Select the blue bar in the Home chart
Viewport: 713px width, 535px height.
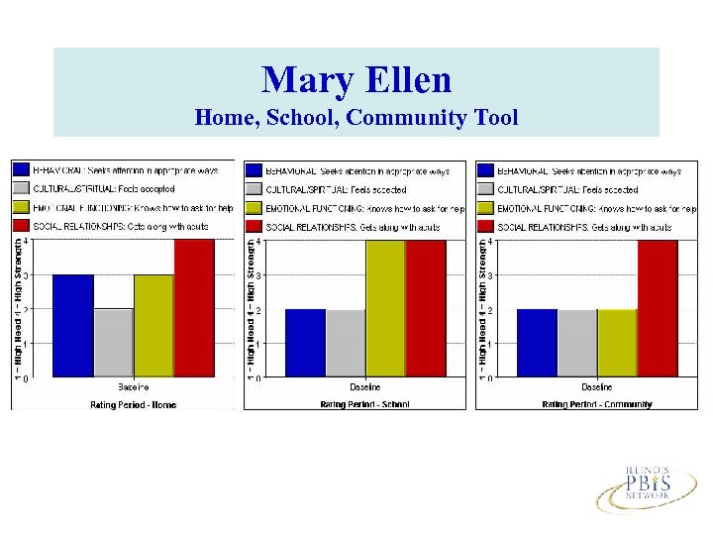(x=72, y=326)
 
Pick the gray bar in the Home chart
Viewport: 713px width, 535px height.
(x=113, y=343)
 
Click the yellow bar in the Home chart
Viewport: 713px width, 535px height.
(x=153, y=326)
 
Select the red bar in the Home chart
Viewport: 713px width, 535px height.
(x=194, y=308)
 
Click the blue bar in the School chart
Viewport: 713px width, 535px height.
(x=305, y=343)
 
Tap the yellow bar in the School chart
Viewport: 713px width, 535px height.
(x=385, y=308)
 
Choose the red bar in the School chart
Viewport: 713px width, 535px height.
(x=426, y=308)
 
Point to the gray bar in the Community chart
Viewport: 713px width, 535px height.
(x=576, y=343)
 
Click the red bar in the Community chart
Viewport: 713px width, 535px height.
(x=658, y=308)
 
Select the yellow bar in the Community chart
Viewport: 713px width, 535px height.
(x=617, y=343)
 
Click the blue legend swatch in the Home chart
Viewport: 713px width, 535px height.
(x=20, y=170)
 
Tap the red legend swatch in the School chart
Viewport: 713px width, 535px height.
(x=254, y=227)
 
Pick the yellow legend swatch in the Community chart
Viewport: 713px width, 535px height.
(x=485, y=208)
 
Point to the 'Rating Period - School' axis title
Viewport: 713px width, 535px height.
(x=364, y=404)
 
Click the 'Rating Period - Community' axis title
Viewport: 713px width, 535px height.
(x=597, y=404)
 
